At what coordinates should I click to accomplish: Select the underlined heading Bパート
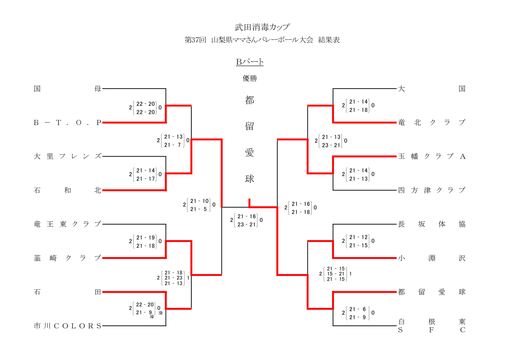pos(250,62)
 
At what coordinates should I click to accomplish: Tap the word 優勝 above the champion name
pos(250,78)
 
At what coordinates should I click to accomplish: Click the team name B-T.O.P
pos(68,122)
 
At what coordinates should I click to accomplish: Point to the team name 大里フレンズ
pos(68,156)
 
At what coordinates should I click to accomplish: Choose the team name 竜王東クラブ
pos(68,224)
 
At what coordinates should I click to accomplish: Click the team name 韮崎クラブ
pos(68,258)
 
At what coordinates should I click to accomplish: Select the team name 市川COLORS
pos(68,326)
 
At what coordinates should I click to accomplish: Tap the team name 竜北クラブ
pos(431,122)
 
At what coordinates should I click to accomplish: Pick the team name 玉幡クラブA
pos(431,156)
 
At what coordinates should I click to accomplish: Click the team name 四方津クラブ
pos(431,190)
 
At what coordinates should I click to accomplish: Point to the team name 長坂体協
pos(431,224)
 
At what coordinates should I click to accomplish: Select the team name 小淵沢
pos(431,258)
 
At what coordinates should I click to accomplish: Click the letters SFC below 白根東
pos(431,330)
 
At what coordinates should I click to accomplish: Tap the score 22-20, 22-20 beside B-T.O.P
pos(146,108)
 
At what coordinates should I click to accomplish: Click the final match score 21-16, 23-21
pos(247,220)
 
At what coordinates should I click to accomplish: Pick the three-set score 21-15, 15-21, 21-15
pos(336,273)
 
